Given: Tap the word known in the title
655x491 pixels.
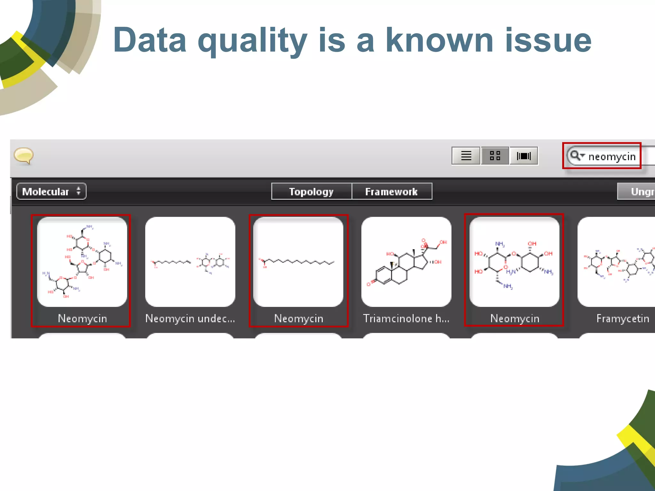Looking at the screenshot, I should click(439, 41).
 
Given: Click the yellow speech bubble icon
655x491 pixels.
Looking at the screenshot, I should click(24, 156).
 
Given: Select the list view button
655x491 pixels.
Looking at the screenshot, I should click(466, 156).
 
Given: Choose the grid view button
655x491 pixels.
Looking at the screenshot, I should click(495, 156).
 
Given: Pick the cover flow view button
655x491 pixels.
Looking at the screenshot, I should click(524, 156).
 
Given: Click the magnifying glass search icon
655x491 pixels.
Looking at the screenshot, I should click(575, 156).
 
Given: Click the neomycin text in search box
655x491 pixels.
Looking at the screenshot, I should click(612, 157).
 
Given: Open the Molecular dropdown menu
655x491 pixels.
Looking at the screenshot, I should click(51, 191).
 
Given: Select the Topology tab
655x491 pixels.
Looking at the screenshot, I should click(311, 191).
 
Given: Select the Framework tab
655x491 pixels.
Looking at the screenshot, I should click(391, 191).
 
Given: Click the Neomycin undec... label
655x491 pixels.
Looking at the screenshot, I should click(190, 318).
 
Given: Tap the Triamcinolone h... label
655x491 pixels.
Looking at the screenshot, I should click(406, 318).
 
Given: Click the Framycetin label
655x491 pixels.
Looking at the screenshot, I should click(622, 318).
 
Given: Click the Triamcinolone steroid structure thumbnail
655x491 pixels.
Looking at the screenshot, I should click(406, 262).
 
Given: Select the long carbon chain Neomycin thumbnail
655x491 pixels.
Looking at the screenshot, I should click(298, 262).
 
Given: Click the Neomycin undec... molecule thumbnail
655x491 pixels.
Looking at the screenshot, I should click(190, 262).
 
